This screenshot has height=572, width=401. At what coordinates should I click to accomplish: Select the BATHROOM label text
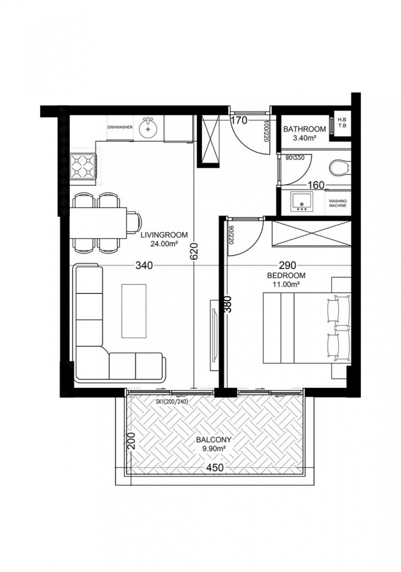(305, 129)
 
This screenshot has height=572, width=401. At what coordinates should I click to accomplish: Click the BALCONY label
(213, 440)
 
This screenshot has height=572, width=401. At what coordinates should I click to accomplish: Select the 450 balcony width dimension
(215, 468)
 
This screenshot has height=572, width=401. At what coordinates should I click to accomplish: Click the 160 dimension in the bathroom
(316, 185)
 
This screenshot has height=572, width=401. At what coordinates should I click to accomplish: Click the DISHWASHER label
(120, 128)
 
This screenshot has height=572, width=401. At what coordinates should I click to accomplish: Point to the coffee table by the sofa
(133, 311)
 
